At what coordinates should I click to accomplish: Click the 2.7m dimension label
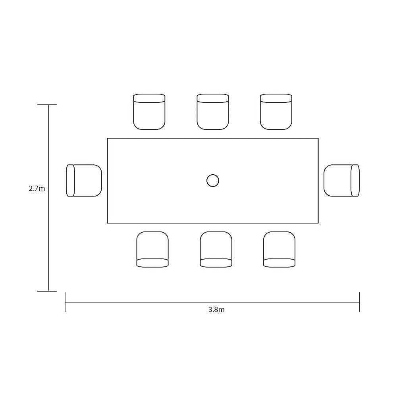tap(37, 189)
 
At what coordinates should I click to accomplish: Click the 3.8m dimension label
tap(216, 310)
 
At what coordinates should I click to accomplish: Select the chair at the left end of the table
tap(84, 181)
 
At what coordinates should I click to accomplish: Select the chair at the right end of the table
tap(341, 181)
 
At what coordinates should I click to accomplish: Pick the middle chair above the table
tap(213, 112)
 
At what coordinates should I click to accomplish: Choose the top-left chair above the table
tap(149, 112)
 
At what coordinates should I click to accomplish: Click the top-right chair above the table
tap(276, 112)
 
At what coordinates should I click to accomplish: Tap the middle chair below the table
tap(216, 249)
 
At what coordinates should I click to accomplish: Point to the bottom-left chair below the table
tap(152, 249)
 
